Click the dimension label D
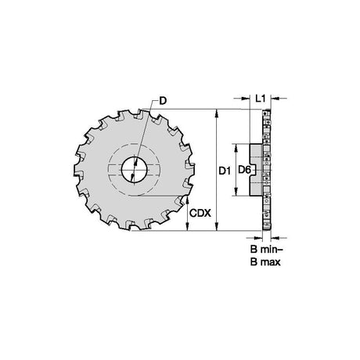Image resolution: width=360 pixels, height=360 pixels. [163, 101]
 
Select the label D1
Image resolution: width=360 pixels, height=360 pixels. [225, 171]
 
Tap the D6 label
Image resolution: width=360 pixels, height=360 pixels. [245, 170]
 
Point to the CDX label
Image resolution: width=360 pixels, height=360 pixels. [200, 213]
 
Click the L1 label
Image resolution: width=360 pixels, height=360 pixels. [261, 99]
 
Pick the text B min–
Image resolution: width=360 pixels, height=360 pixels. [267, 250]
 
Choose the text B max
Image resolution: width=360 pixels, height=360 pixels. [265, 262]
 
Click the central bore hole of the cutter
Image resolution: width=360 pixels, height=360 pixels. [134, 170]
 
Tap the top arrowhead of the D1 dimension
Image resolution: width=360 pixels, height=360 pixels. [217, 113]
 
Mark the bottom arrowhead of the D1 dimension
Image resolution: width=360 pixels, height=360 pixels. [217, 226]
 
